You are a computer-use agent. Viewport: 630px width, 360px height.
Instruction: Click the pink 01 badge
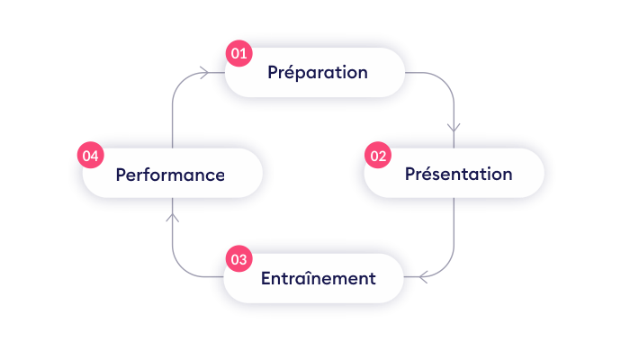[x=238, y=54]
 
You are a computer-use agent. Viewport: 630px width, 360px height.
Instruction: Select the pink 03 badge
[x=238, y=259]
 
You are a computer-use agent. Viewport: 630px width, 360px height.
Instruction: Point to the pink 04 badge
[x=90, y=156]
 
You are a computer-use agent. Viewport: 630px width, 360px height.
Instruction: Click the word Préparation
[x=317, y=73]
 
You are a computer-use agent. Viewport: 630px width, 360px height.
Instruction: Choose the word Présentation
[x=458, y=175]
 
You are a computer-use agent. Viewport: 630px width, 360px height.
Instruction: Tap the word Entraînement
[x=318, y=278]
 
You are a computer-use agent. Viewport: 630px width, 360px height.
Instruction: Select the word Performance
[x=170, y=175]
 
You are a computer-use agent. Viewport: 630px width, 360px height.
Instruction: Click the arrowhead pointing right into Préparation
[x=205, y=73]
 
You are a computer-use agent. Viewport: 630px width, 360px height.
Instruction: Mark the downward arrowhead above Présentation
[x=454, y=127]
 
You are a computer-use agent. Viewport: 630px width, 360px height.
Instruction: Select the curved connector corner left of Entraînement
[x=179, y=270]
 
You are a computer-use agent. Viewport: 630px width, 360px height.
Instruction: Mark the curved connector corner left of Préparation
[x=179, y=79]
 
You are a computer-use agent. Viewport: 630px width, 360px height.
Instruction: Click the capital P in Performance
[x=121, y=175]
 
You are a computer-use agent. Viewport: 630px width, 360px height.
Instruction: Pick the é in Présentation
[x=426, y=174]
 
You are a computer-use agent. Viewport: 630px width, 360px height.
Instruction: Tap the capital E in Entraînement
[x=266, y=278]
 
